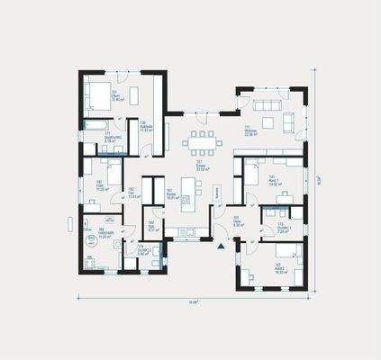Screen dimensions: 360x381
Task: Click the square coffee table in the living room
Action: pos(270,121)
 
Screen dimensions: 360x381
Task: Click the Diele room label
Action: pos(237,221)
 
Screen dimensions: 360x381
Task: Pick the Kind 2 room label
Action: pos(279,266)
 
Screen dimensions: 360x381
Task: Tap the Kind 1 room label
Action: pos(272,179)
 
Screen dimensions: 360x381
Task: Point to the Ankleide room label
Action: pos(145,127)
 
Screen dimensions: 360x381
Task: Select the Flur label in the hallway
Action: pos(132,193)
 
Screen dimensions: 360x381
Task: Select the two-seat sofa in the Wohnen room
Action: pos(289,121)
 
